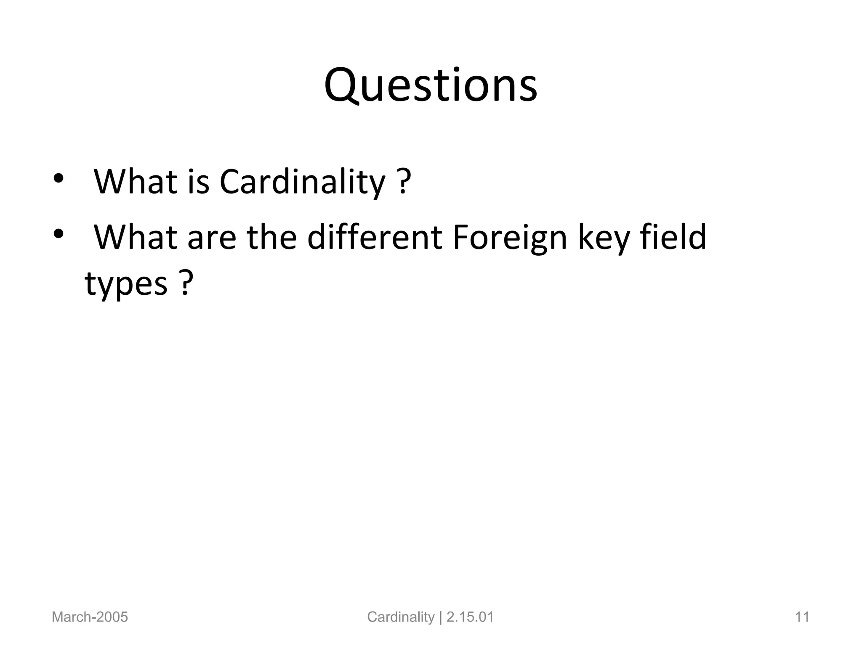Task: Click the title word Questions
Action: pos(431,86)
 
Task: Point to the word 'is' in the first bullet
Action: pos(198,182)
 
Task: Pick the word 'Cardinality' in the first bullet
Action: pos(302,182)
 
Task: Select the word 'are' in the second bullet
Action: pos(211,238)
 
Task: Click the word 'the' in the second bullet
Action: pos(271,237)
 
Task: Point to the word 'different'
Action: pos(375,237)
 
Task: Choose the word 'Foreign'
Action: pos(510,238)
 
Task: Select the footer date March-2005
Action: pos(90,617)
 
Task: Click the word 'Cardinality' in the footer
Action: pos(400,617)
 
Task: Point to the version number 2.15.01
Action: pos(470,617)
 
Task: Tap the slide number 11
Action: pos(802,617)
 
